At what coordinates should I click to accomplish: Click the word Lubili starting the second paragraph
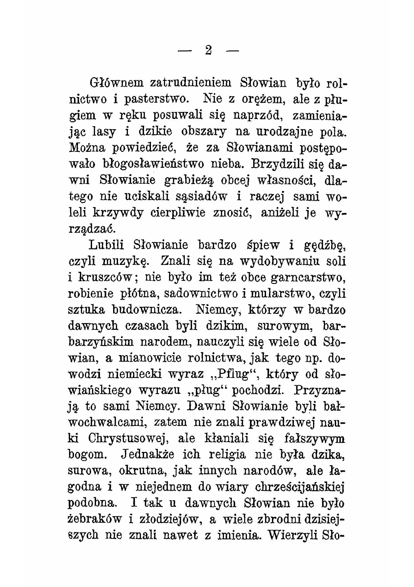pos(107,245)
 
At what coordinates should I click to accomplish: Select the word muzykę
pos(126,261)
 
